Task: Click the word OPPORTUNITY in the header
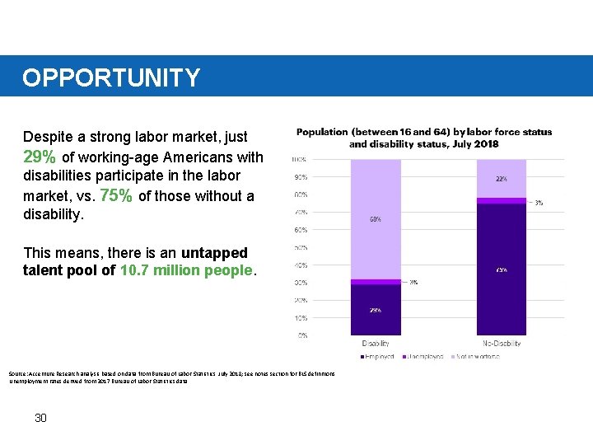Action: [x=111, y=77]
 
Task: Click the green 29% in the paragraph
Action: [x=40, y=157]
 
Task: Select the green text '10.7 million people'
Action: [x=188, y=270]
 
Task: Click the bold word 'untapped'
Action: [x=214, y=252]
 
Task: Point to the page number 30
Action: [x=40, y=418]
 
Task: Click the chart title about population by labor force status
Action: [x=424, y=138]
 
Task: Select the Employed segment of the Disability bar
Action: [x=376, y=310]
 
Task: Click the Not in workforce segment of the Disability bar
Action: [x=376, y=218]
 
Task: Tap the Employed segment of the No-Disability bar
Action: [x=501, y=269]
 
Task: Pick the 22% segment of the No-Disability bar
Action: [x=501, y=178]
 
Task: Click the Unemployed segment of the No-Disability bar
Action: [x=501, y=201]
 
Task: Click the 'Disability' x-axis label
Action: [x=376, y=343]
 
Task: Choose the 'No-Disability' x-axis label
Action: [x=501, y=343]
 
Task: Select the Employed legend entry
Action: [x=378, y=357]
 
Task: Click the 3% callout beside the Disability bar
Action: [x=413, y=282]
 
